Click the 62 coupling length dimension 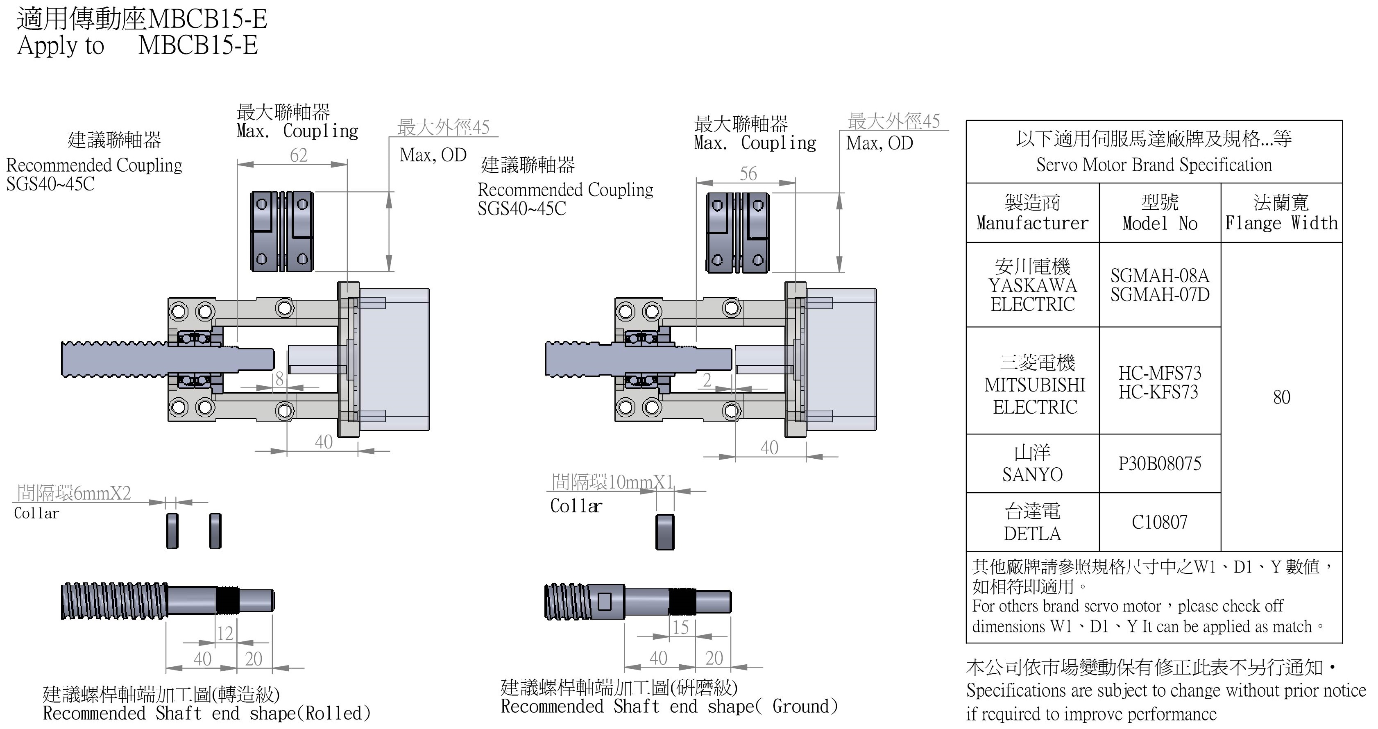[299, 156]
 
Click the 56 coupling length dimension [748, 174]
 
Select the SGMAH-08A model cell [1159, 285]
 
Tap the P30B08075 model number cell [1159, 463]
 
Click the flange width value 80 [1281, 397]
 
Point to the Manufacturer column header [1032, 213]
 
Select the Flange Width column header [1281, 213]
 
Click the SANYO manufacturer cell [1032, 463]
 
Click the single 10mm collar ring [664, 532]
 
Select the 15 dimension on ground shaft [680, 628]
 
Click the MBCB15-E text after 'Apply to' [198, 45]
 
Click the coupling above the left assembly [283, 231]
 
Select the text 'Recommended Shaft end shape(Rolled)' [206, 713]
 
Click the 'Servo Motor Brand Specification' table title [1154, 165]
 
